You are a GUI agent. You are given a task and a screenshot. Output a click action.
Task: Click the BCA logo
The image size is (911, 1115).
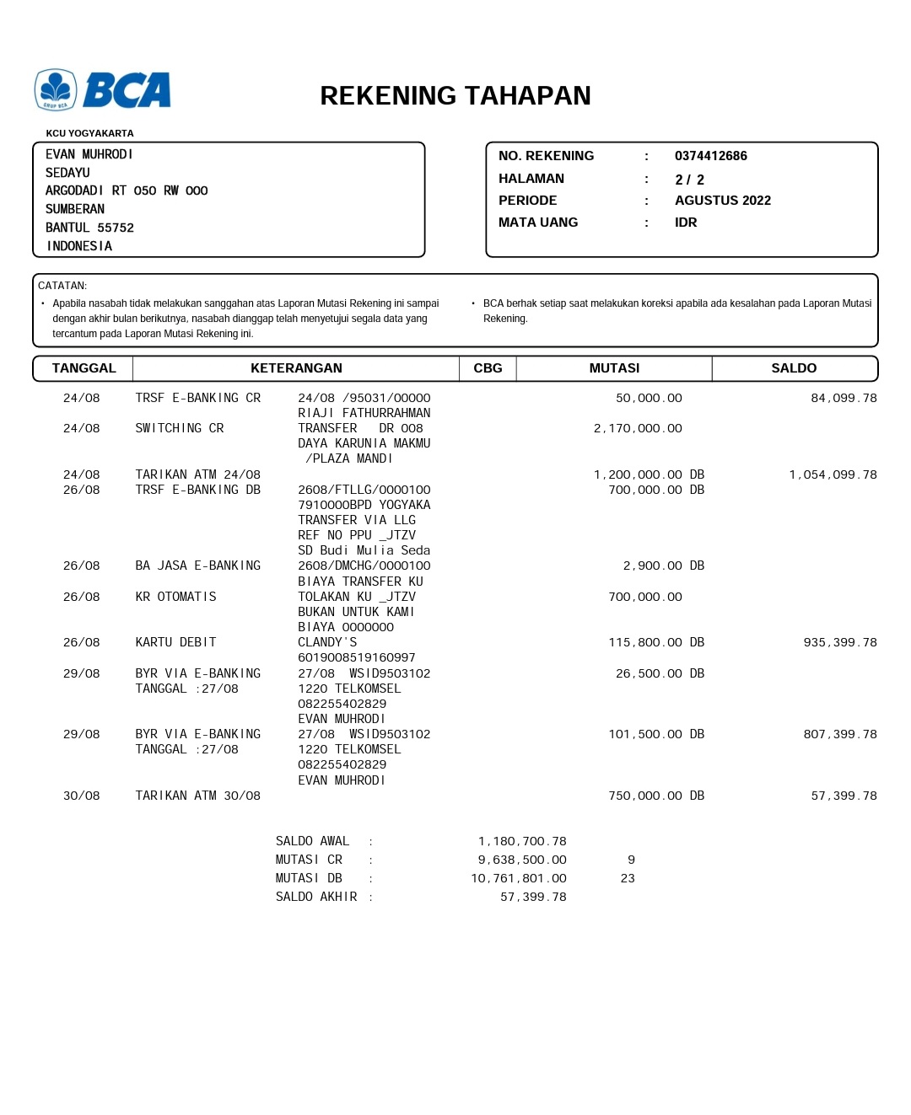103,90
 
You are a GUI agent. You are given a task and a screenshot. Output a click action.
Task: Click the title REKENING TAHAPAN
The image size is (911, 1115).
455,96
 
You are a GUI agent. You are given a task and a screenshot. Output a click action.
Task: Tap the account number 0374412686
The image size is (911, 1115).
710,156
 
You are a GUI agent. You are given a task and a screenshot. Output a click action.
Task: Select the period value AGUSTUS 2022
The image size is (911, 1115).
722,201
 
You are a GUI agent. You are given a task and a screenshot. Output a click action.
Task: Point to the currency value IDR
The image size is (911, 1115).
686,222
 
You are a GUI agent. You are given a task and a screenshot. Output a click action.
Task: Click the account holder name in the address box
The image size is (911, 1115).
89,154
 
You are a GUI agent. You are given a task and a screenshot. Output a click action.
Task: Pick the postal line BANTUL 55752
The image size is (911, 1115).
89,228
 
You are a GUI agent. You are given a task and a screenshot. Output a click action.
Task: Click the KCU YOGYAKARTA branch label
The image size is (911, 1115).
89,133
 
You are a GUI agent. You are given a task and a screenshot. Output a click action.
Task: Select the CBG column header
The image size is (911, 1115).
488,368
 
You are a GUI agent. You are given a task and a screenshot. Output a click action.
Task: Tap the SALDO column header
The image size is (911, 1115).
794,368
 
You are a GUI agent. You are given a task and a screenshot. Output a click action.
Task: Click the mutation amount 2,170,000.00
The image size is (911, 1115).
638,428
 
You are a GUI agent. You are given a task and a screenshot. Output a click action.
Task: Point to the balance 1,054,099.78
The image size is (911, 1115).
833,474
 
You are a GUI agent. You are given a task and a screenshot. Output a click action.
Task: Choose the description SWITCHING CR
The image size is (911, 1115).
180,428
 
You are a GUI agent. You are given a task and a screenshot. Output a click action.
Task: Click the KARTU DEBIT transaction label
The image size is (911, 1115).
175,642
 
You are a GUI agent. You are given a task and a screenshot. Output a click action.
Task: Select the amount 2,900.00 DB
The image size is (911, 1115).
663,566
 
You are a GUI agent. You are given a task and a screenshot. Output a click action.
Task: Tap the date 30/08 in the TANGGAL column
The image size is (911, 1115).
81,796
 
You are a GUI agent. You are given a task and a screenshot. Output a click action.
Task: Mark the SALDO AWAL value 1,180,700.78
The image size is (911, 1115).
522,841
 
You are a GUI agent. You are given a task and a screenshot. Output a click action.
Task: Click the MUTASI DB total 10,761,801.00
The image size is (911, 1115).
519,878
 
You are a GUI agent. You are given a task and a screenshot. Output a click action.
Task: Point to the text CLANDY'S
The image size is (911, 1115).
327,642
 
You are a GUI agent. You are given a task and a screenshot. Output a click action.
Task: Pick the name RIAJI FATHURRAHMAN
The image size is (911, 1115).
364,413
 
